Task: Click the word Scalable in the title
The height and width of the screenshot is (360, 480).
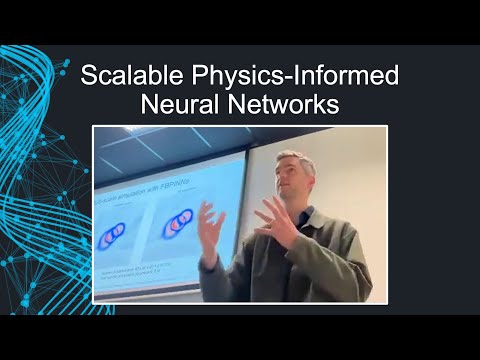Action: click(124, 76)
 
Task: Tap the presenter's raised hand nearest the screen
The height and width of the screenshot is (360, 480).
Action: click(212, 226)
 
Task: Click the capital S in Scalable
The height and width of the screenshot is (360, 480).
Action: click(87, 76)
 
